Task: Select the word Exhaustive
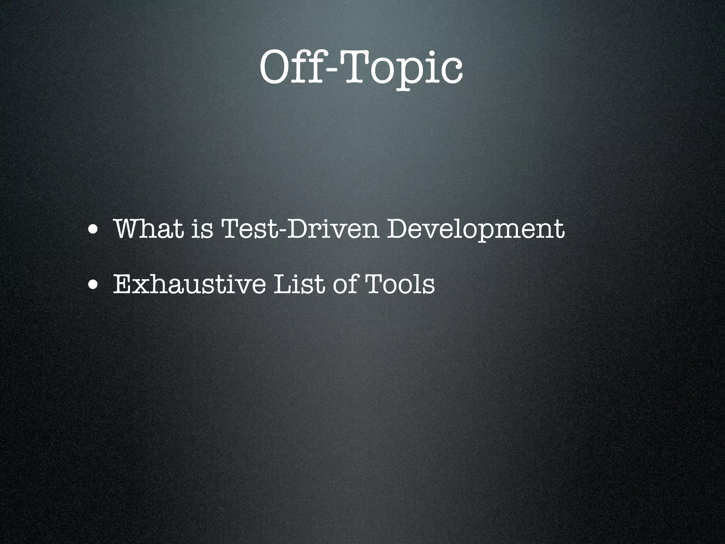point(189,284)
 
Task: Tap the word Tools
point(398,284)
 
